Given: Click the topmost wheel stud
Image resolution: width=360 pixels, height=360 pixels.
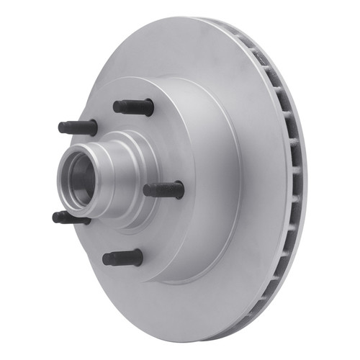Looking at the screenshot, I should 134,107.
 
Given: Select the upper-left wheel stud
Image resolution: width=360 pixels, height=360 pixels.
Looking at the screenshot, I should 78,127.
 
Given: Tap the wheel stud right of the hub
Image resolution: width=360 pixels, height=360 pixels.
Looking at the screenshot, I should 164,190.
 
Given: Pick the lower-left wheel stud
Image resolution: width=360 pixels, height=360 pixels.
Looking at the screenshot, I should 71,217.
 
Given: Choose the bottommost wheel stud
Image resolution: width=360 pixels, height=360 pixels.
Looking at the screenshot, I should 122,258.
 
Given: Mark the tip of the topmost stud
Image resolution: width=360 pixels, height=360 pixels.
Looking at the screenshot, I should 116,107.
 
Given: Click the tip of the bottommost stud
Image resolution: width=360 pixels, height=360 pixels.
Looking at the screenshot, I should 106,258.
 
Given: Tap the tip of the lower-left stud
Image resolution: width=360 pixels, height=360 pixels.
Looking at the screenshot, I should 55,216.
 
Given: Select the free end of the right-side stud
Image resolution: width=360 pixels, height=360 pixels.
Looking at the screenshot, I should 146,190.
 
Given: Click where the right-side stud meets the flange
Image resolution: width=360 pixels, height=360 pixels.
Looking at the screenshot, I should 181,190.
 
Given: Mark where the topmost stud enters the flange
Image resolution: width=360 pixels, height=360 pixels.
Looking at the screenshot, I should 151,107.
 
